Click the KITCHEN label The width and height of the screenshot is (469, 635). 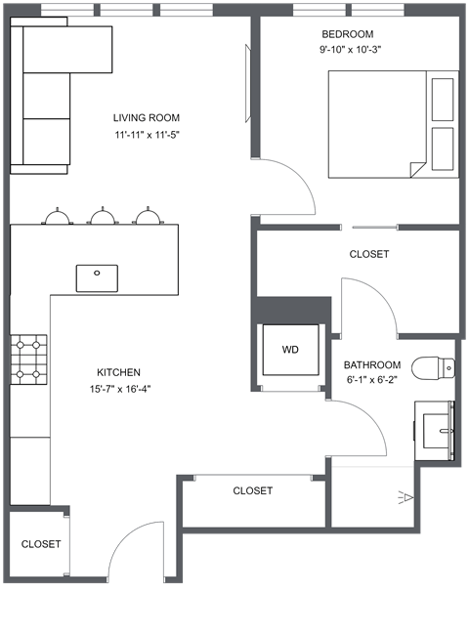118,372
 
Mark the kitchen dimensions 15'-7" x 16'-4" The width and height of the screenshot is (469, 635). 118,388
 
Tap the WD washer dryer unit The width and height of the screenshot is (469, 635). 290,350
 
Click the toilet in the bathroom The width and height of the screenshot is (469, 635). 435,368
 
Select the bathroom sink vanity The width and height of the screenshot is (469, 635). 436,429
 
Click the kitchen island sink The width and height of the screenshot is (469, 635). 97,277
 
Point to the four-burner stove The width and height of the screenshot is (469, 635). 28,358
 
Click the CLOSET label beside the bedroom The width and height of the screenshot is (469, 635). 368,254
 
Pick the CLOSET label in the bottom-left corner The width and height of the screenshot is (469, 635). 41,544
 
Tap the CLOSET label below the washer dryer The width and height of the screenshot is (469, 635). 252,490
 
